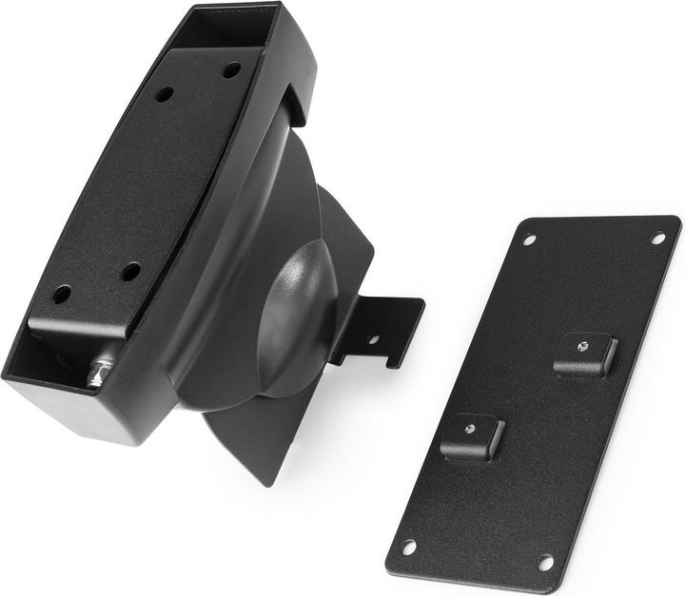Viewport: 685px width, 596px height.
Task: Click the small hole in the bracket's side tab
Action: tap(374, 338)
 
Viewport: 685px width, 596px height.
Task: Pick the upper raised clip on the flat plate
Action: tap(584, 355)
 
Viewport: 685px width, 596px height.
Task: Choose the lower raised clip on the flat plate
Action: tap(472, 437)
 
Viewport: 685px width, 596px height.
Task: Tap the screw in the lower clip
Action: tap(471, 429)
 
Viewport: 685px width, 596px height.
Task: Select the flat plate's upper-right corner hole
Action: tap(657, 238)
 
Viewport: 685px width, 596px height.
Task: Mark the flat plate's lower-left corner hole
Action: tap(409, 547)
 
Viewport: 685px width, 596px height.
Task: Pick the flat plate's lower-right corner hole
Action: tap(546, 562)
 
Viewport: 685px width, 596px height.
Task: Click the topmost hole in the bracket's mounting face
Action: tap(232, 69)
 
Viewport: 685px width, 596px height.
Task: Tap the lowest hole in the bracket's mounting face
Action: tap(61, 295)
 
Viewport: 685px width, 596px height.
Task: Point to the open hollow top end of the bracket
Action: tap(228, 29)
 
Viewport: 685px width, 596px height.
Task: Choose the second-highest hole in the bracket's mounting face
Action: tap(165, 94)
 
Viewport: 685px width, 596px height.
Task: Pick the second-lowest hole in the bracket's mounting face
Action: tap(130, 272)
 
